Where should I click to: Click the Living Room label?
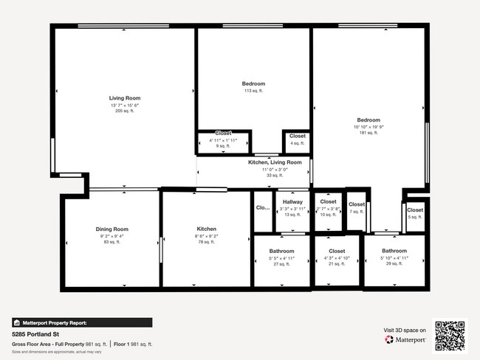coord(125,98)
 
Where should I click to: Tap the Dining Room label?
coord(112,229)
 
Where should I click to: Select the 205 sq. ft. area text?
coord(125,111)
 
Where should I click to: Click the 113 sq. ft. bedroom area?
coord(253,91)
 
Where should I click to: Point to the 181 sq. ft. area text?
coord(368,133)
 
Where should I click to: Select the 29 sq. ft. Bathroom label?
coord(394,251)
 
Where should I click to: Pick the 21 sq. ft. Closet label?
coord(337,251)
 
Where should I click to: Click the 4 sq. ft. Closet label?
coord(297,136)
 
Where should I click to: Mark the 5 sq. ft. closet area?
coord(414,217)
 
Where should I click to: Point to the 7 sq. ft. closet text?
coord(356,212)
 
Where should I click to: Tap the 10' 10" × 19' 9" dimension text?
coord(368,127)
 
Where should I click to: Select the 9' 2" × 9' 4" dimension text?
coord(112,236)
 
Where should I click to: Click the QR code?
coord(450,336)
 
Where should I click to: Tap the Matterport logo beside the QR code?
coord(405,340)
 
